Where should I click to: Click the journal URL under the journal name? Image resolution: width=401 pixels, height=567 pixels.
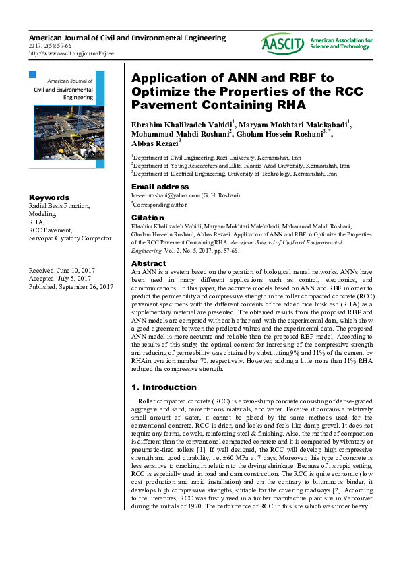point(71,53)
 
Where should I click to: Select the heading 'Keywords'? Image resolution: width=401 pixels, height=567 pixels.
point(49,197)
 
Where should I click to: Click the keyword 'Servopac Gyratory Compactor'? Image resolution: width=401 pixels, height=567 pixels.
point(69,238)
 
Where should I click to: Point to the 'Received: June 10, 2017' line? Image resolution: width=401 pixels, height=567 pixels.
point(61,270)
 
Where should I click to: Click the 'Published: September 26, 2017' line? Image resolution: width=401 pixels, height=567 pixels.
point(71,287)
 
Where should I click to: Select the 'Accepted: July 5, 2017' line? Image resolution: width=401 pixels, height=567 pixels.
point(60,279)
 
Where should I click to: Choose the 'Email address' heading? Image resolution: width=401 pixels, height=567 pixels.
point(160,187)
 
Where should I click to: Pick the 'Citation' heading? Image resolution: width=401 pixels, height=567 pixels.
point(147,218)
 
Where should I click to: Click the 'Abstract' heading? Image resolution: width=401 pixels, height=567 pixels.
point(148,263)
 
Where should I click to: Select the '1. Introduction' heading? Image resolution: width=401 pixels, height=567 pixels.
point(164,388)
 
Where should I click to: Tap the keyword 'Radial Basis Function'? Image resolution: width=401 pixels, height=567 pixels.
point(59,205)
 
